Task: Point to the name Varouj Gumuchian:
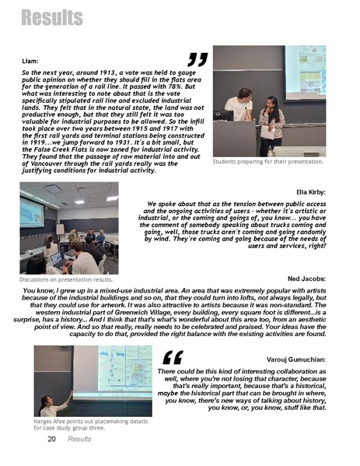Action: [x=296, y=359]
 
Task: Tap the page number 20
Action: [x=51, y=439]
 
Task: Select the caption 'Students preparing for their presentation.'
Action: [x=267, y=162]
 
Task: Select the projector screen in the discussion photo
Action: [x=33, y=212]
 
